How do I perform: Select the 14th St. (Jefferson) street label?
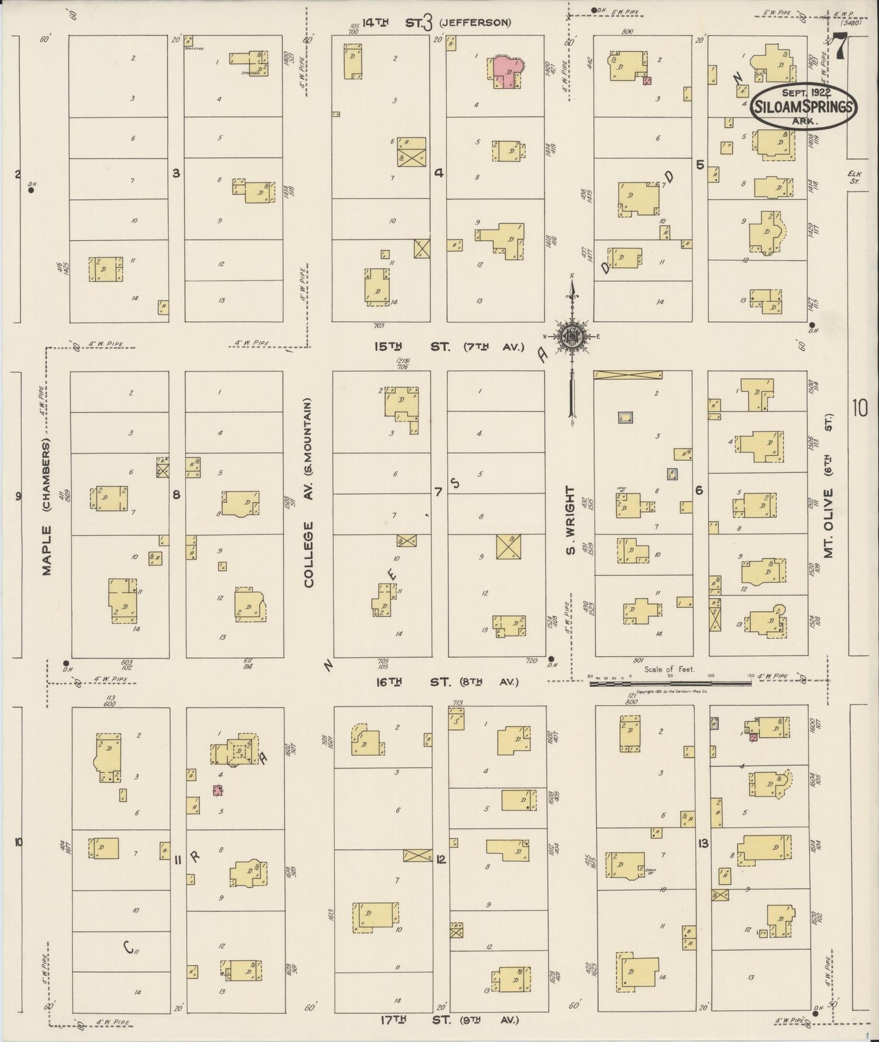[436, 23]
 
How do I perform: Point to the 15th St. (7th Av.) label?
[449, 347]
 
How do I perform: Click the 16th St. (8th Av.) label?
[446, 682]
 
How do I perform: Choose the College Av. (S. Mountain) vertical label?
[309, 492]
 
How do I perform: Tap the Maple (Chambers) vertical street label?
[47, 506]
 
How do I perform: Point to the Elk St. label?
[855, 177]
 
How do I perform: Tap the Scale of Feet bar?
[669, 683]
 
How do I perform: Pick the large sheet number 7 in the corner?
[840, 46]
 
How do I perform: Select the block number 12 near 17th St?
[440, 860]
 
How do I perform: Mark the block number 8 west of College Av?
[176, 495]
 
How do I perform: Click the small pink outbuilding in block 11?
[217, 790]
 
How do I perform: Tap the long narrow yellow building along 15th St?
[628, 375]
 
